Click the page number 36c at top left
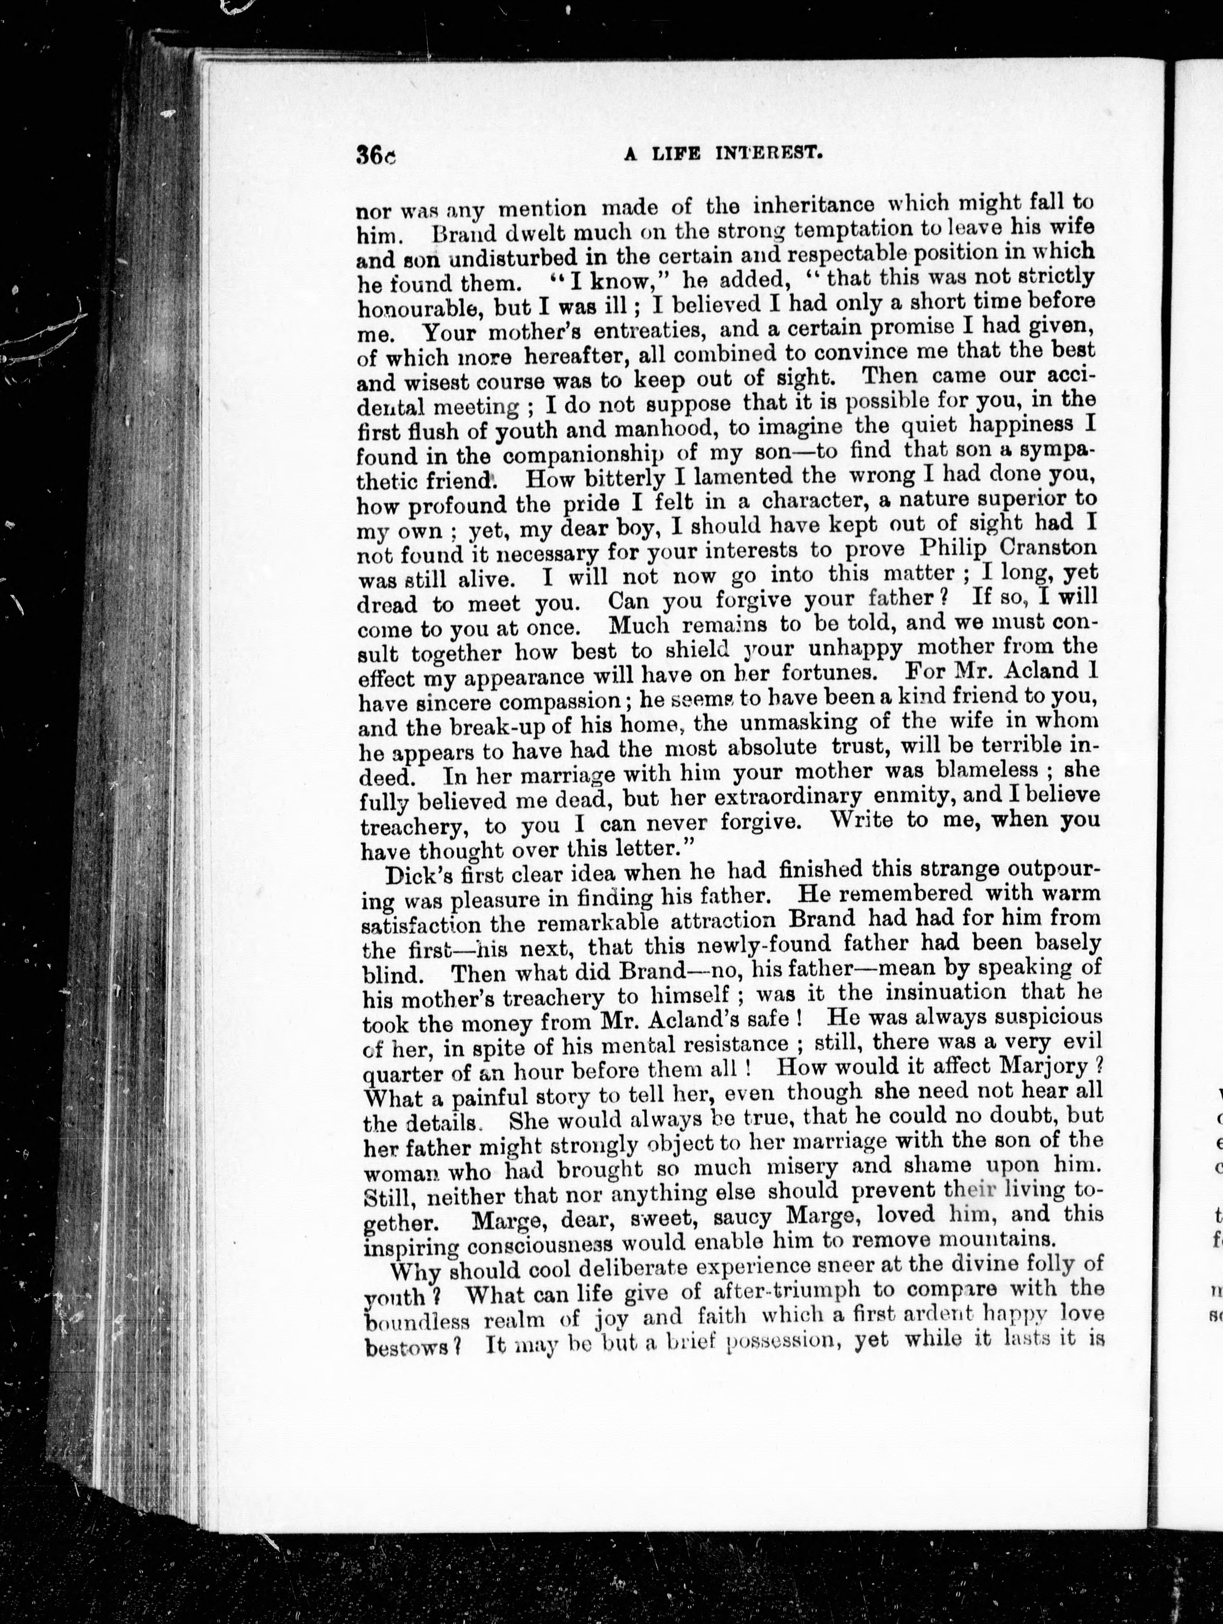[x=375, y=155]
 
